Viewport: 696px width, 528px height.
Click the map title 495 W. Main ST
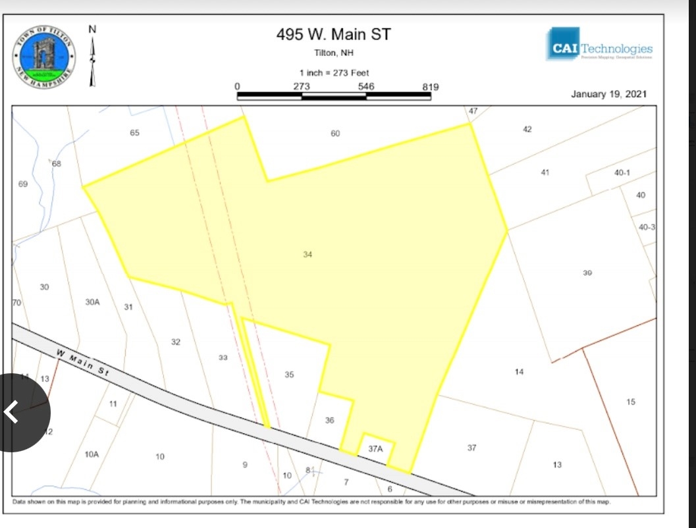click(334, 34)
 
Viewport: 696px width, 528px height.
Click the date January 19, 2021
click(608, 94)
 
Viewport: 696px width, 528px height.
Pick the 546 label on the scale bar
click(366, 86)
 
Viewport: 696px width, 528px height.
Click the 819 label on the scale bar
click(430, 86)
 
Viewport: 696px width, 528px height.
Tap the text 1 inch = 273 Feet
click(334, 73)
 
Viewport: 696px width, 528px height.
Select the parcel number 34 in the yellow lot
click(308, 254)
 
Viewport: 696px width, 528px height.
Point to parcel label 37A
click(375, 448)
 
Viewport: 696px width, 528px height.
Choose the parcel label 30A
click(93, 302)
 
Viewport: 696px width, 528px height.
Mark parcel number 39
click(587, 272)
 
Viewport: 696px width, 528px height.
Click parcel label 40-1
click(622, 172)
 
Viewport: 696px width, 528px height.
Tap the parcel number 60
click(335, 134)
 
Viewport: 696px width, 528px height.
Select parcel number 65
click(134, 133)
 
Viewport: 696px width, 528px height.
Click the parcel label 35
click(289, 375)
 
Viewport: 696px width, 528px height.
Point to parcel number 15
click(631, 402)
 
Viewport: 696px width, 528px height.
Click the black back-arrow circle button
click(20, 413)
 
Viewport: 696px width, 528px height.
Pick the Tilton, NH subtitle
click(334, 53)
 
